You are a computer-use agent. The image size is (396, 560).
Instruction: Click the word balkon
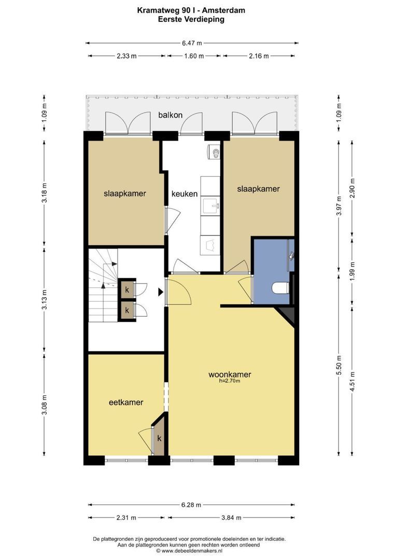coord(171,115)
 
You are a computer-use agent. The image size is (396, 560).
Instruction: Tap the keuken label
coord(184,194)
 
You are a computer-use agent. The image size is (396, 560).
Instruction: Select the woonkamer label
coord(230,375)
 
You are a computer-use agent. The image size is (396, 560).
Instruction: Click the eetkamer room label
coord(126,402)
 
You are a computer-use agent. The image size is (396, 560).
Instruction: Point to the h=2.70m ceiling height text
coord(230,381)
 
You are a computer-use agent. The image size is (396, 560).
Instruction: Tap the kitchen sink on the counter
coord(210,206)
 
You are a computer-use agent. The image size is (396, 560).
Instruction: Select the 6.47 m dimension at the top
coord(192,43)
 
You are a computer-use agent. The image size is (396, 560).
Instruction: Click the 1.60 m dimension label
coord(194,56)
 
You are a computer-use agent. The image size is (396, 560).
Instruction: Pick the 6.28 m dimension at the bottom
coord(191,505)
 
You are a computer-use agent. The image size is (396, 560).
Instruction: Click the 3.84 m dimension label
coord(231,517)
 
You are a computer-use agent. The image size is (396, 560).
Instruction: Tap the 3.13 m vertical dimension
coord(44,299)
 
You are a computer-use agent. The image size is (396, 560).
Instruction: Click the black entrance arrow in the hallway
coord(161,292)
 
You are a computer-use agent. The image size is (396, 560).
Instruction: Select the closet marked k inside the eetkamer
coord(159,438)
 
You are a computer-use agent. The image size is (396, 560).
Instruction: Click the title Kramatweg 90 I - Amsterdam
coord(191,10)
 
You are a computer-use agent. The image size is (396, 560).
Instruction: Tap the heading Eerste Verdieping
coord(191,19)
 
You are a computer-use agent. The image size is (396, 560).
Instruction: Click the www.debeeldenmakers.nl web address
coord(192,551)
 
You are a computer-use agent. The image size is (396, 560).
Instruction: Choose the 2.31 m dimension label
coord(126,517)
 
